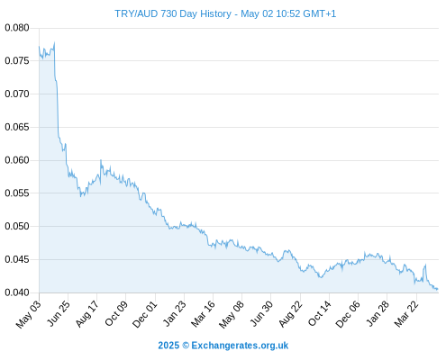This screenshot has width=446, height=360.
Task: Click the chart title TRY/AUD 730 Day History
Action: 173,13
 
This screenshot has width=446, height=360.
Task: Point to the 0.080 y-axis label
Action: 17,28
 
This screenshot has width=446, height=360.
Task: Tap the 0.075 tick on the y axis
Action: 17,61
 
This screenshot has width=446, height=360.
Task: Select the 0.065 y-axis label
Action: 17,127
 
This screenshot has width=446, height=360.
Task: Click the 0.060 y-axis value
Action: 17,160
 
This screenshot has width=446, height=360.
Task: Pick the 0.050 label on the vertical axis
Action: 17,226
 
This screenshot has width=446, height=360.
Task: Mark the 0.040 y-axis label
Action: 17,292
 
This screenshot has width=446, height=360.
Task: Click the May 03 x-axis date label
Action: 29,314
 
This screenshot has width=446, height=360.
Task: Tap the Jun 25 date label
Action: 59,313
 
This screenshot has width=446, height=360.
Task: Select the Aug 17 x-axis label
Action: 87,314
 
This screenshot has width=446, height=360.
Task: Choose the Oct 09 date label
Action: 116,313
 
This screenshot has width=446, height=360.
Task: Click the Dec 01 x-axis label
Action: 145,314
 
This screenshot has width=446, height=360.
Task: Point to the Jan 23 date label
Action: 174,313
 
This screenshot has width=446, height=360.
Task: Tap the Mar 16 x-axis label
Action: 203,314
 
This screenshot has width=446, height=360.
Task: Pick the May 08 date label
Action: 232,314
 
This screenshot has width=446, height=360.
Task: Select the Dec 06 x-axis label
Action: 348,314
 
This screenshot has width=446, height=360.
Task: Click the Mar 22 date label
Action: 406,314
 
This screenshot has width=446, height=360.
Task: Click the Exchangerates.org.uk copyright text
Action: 223,346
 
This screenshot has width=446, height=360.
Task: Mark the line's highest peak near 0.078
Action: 54,42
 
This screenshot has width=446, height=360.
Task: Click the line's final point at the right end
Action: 438,289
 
